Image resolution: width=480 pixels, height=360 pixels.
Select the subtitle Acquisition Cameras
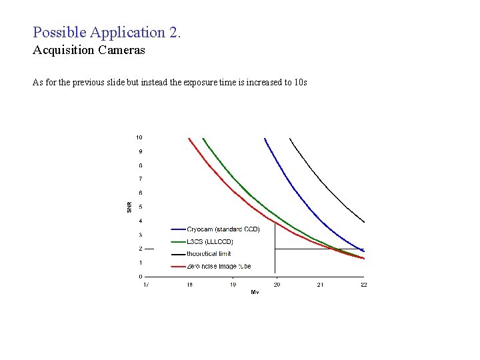(x=89, y=50)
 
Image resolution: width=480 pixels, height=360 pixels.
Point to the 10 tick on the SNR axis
(x=139, y=137)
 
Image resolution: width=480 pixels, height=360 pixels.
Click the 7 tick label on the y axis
(x=139, y=179)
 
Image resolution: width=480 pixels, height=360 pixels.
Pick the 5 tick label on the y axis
(x=139, y=207)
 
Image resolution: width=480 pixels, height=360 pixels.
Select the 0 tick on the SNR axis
(x=139, y=276)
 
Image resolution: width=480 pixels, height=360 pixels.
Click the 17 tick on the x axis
(x=146, y=285)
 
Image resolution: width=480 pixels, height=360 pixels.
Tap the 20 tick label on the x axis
(x=277, y=285)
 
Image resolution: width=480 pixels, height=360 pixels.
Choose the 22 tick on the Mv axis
(x=363, y=285)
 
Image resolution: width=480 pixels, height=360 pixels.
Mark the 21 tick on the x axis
(x=320, y=285)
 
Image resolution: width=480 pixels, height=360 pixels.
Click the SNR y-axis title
(x=129, y=207)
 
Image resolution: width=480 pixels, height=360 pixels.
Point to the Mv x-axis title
(x=255, y=292)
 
